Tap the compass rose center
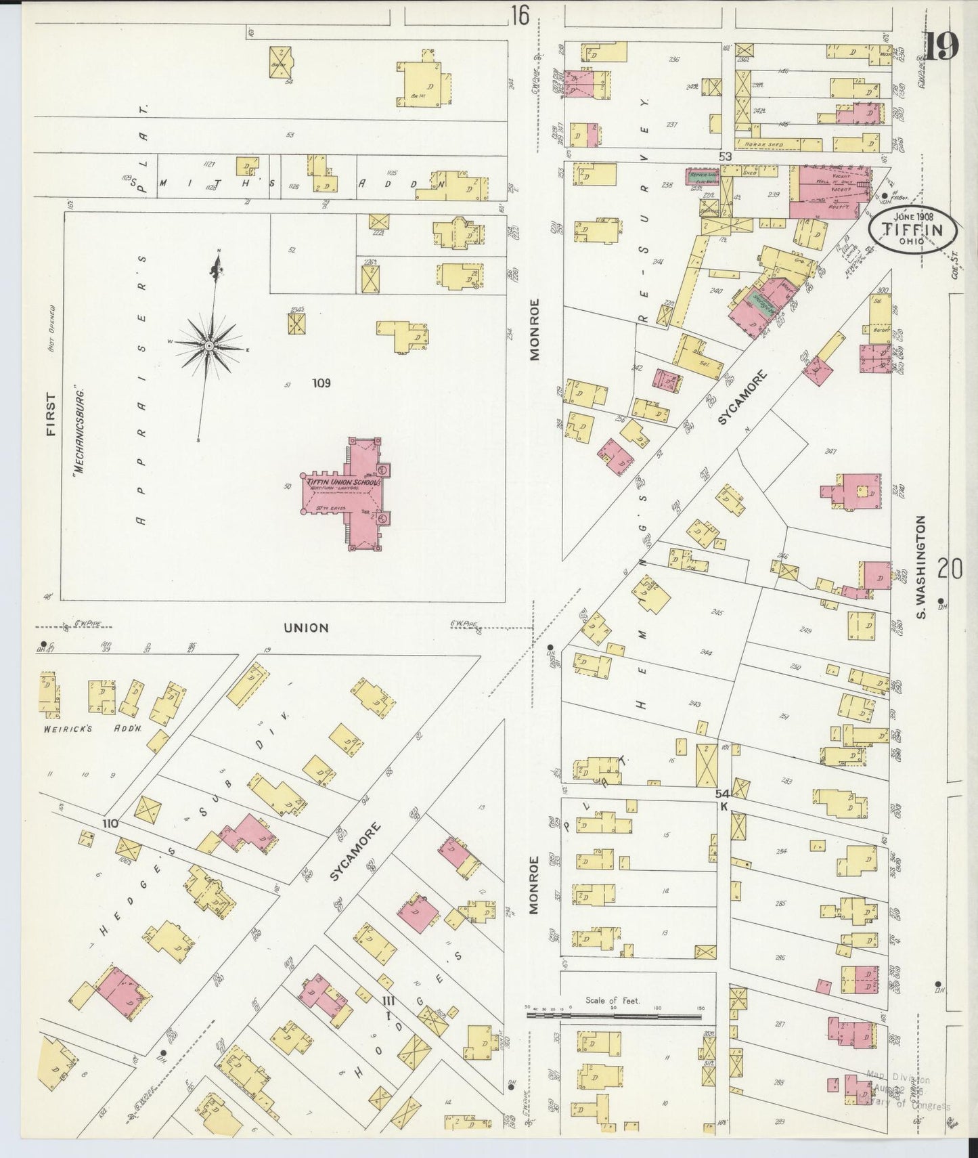[209, 345]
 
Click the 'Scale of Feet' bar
[613, 1015]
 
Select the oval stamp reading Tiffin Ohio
[912, 230]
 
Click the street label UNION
[306, 628]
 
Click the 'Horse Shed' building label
[763, 144]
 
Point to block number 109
[321, 383]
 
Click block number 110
[110, 823]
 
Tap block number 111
[388, 1001]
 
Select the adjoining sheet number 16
[520, 15]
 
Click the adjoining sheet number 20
[950, 570]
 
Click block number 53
[726, 157]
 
